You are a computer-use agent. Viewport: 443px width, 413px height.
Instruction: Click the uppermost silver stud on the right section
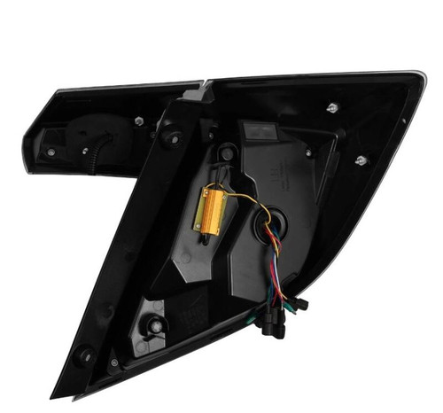tap(330, 108)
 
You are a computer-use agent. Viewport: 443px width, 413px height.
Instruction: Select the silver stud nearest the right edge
tap(361, 160)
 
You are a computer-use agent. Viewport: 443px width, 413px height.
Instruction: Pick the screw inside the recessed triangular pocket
tap(156, 324)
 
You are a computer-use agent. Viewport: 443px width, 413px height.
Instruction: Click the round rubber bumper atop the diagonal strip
tap(171, 137)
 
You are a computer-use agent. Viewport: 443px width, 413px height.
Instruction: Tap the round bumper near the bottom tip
tap(87, 355)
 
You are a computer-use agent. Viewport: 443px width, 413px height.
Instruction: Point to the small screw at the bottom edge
tap(113, 364)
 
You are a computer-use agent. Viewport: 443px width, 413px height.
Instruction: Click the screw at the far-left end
tap(51, 152)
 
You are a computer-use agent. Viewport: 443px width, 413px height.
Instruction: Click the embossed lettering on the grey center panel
tap(284, 173)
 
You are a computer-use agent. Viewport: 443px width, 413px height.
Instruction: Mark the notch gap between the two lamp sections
tap(206, 86)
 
